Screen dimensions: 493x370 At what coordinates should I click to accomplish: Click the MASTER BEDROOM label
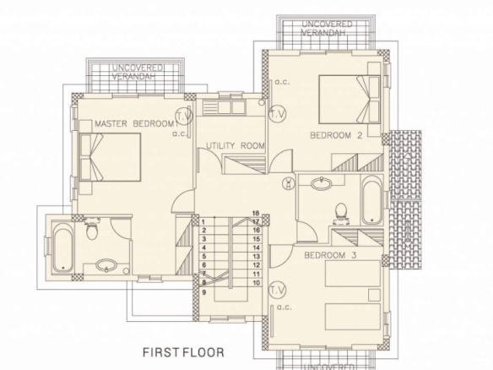click(134, 123)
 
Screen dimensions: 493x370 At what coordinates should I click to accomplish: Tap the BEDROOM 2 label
click(336, 135)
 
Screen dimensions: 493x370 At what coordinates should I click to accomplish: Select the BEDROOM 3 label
click(330, 255)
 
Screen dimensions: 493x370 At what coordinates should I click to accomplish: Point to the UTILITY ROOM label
click(236, 145)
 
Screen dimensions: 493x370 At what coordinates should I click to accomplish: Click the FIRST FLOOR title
click(184, 352)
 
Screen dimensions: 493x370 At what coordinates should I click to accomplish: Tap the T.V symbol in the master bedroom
click(184, 116)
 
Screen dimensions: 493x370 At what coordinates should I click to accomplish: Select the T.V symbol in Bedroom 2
click(278, 113)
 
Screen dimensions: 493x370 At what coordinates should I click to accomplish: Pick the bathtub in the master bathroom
click(62, 248)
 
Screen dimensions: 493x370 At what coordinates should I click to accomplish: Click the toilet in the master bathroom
click(91, 229)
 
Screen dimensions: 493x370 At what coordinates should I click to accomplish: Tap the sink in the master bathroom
click(106, 266)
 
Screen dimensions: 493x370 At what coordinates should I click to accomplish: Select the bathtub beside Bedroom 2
click(372, 200)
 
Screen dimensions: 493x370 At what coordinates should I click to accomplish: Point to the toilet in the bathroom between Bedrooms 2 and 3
click(341, 214)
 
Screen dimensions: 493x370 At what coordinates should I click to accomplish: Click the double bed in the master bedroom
click(110, 157)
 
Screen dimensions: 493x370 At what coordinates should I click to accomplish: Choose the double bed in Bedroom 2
click(349, 99)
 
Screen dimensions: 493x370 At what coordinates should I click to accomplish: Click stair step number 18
click(256, 213)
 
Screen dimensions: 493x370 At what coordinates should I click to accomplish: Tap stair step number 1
click(203, 222)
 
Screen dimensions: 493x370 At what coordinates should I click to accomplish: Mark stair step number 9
click(204, 292)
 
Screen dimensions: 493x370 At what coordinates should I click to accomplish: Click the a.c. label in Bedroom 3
click(284, 307)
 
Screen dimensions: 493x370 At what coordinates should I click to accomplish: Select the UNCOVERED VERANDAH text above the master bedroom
click(138, 72)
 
